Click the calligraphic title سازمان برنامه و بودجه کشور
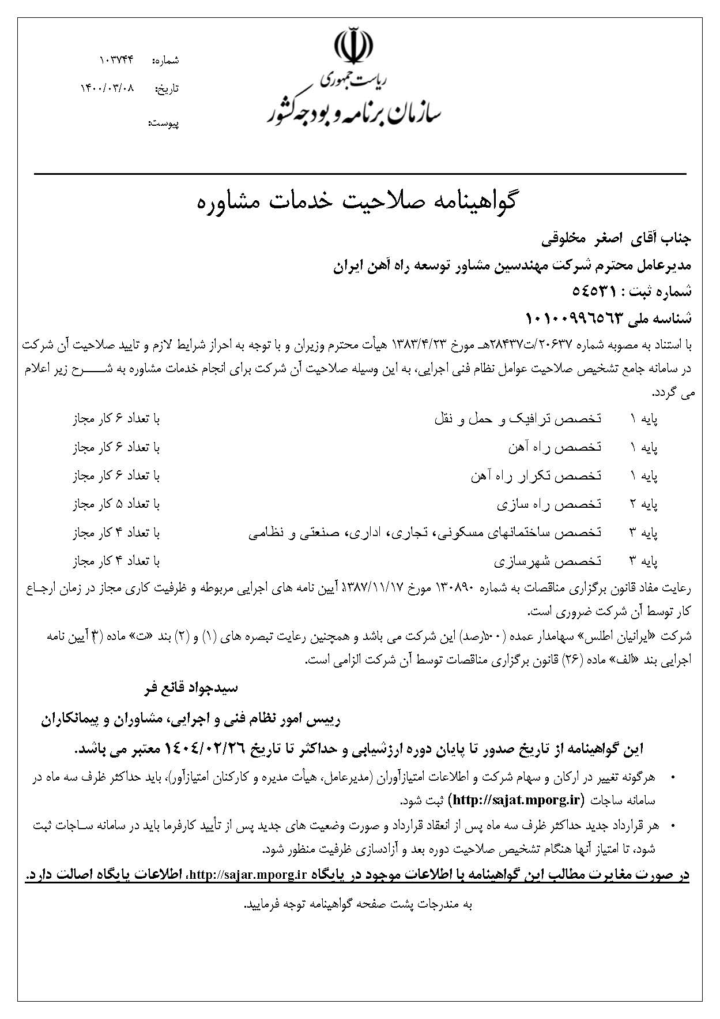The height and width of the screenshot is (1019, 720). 353,113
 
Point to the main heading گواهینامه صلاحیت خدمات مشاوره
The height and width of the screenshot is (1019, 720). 359,201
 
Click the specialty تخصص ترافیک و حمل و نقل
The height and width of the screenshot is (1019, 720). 518,419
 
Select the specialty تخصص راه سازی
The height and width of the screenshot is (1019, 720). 549,504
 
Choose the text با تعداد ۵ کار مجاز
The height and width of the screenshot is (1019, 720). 116,504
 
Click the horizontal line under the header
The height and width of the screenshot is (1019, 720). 360,174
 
